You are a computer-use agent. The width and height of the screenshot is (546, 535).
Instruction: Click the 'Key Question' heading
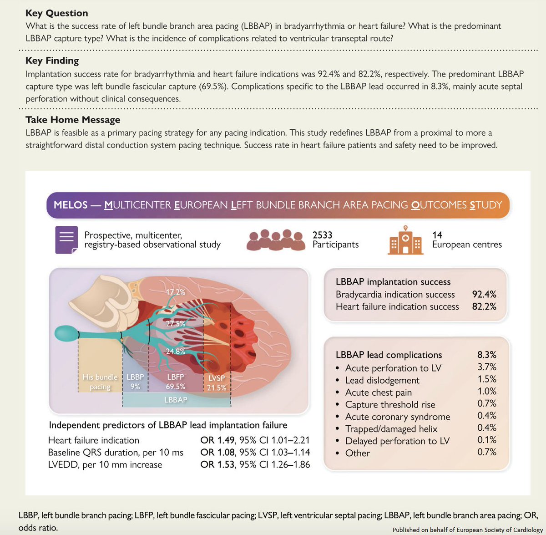(x=57, y=13)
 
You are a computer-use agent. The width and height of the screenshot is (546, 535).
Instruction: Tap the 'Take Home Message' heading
(x=73, y=120)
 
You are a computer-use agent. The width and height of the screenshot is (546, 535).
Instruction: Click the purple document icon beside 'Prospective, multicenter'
(x=66, y=239)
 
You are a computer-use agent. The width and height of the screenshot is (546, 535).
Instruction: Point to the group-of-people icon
(x=275, y=239)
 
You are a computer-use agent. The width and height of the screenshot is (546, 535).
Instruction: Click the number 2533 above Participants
(x=322, y=235)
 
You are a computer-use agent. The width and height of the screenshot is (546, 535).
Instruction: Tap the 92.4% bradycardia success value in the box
(x=484, y=294)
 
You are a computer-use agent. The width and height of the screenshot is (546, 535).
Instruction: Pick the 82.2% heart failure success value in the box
(x=484, y=306)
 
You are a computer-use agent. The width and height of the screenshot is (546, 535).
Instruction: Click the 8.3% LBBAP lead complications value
(x=486, y=354)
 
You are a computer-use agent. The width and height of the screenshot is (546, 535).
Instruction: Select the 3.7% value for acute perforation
(x=486, y=367)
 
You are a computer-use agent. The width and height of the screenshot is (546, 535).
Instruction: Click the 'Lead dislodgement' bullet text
(x=382, y=380)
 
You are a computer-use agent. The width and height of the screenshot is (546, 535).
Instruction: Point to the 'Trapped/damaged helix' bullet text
(x=391, y=429)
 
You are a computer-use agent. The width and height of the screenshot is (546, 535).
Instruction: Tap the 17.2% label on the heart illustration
(x=175, y=292)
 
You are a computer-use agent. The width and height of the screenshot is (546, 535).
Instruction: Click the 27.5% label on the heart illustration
(x=175, y=324)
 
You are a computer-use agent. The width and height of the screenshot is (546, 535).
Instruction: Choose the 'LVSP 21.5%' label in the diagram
(x=217, y=383)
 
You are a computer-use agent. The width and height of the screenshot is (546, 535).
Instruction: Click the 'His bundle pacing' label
(x=100, y=382)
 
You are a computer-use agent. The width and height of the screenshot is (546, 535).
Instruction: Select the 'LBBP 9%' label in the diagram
(x=135, y=382)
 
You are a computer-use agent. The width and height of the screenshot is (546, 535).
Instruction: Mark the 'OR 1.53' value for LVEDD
(x=217, y=465)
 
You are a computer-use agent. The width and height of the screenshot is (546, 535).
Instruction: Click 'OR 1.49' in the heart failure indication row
(x=217, y=440)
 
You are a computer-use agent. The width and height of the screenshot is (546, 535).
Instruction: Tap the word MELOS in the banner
(x=70, y=205)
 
